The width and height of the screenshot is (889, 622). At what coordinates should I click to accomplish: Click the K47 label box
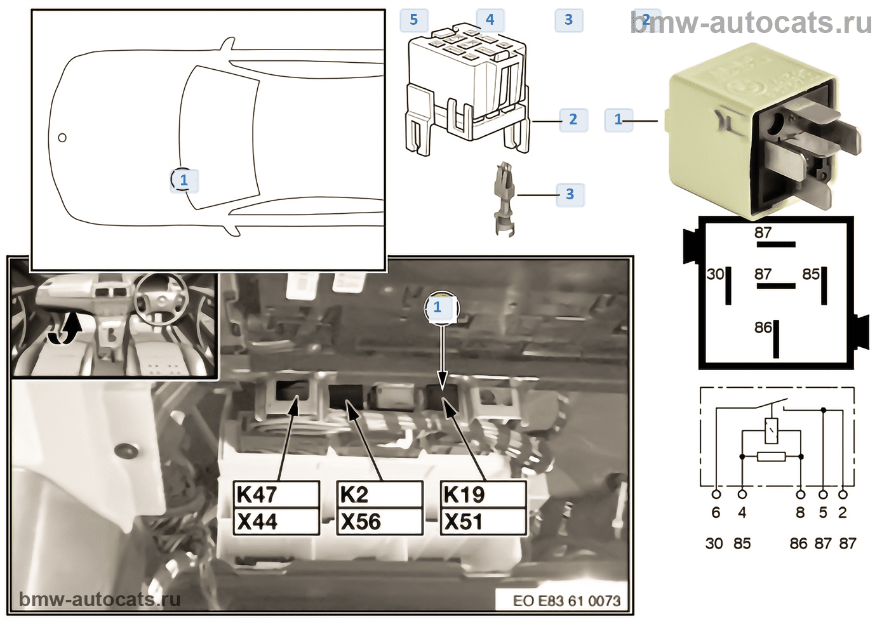click(276, 494)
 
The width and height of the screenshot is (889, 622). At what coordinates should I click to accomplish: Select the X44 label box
click(276, 522)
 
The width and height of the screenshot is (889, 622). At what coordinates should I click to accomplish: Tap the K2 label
click(379, 494)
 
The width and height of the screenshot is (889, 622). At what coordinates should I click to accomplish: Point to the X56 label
click(379, 522)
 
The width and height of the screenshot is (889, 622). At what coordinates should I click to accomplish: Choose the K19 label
click(483, 494)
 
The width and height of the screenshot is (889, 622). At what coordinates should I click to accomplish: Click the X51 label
click(483, 522)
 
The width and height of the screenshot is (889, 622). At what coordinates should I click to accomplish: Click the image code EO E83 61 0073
click(566, 600)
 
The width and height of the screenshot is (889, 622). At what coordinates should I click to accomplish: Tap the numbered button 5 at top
click(414, 20)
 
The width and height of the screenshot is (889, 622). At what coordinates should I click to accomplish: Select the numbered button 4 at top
click(490, 20)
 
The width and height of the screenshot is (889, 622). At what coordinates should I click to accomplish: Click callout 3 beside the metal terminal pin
click(570, 194)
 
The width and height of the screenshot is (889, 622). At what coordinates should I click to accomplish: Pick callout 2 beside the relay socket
click(573, 119)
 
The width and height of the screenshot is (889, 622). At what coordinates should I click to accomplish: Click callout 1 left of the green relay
click(618, 119)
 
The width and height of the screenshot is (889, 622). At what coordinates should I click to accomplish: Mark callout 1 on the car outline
click(184, 180)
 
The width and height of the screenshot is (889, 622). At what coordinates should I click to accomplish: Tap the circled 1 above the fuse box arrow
click(438, 307)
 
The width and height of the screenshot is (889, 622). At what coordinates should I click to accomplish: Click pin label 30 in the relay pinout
click(715, 274)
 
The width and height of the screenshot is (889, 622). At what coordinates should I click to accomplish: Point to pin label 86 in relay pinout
click(763, 328)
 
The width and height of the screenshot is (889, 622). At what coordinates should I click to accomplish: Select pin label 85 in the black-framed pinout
click(811, 274)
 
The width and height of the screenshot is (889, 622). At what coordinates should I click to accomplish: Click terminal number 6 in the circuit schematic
click(716, 513)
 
